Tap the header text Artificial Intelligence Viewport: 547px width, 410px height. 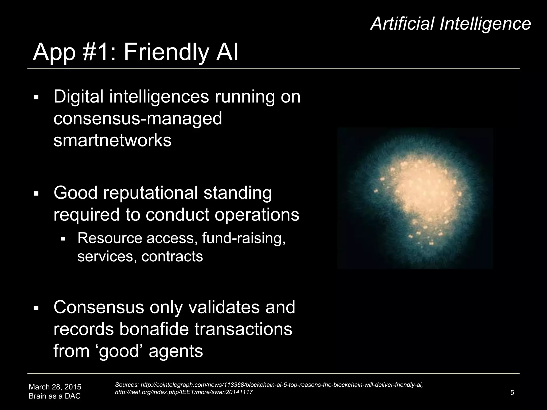pos(450,23)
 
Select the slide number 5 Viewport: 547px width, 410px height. pos(512,393)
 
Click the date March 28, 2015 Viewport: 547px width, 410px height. pos(55,387)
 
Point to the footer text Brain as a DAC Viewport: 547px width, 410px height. pos(55,396)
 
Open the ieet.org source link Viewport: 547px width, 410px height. pos(183,392)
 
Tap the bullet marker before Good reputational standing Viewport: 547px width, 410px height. pos(36,193)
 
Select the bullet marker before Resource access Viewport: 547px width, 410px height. pos(63,238)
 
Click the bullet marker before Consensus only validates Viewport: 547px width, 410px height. pos(36,308)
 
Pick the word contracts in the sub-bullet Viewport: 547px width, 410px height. pos(172,257)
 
